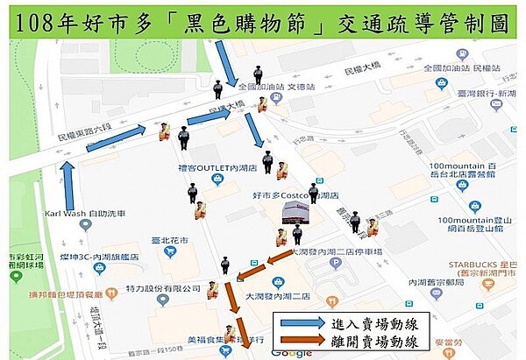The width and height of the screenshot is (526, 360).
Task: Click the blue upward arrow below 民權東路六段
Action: click(68, 184)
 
